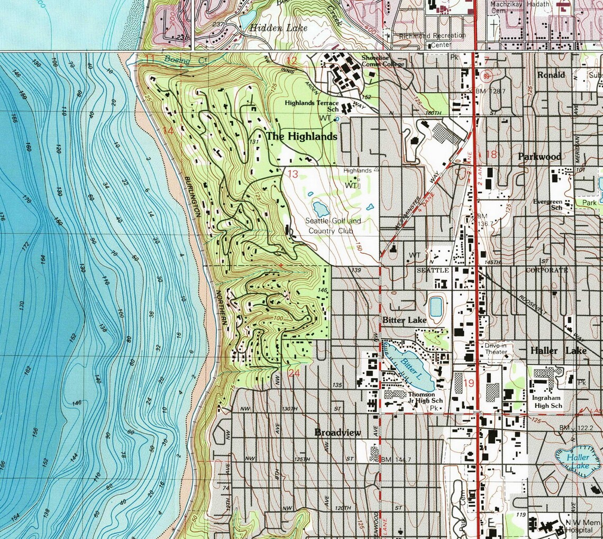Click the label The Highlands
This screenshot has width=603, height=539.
pyautogui.click(x=301, y=136)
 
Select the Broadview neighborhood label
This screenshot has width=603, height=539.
pyautogui.click(x=337, y=433)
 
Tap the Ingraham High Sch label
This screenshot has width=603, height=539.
pyautogui.click(x=547, y=401)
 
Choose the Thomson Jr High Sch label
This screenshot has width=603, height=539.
pyautogui.click(x=421, y=398)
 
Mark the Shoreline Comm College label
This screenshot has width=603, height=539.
pyautogui.click(x=383, y=61)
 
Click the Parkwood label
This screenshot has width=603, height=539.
pyautogui.click(x=540, y=157)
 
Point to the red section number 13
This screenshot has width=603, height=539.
pyautogui.click(x=293, y=173)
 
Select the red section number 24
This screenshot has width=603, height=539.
pyautogui.click(x=295, y=373)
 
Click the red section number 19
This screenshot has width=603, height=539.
pyautogui.click(x=469, y=383)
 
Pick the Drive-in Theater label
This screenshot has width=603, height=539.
pyautogui.click(x=496, y=349)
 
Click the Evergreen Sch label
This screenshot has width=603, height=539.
pyautogui.click(x=547, y=205)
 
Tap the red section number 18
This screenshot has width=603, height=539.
pyautogui.click(x=491, y=154)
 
